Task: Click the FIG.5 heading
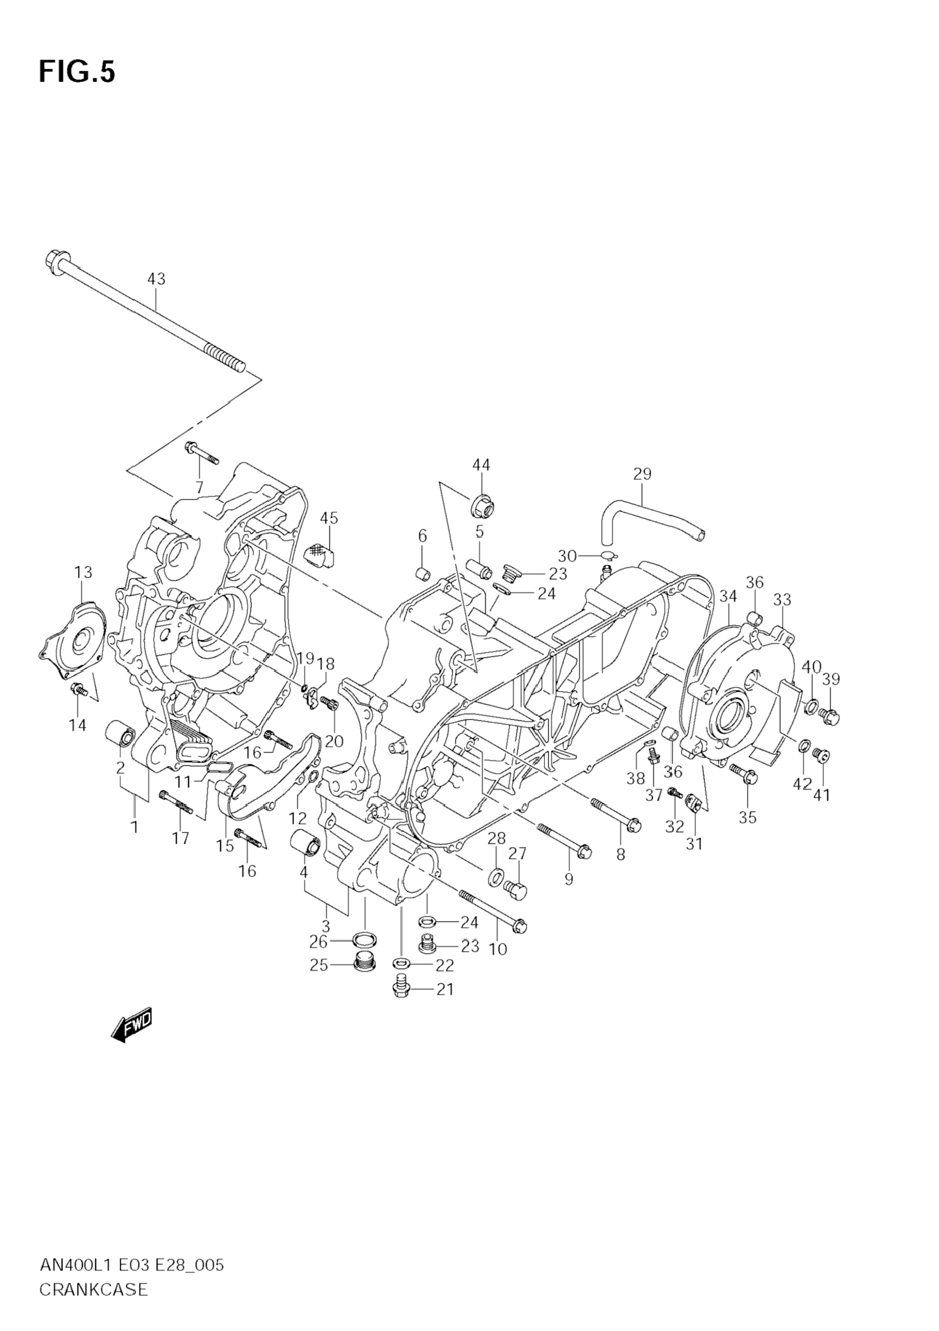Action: (77, 72)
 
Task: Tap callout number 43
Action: (156, 279)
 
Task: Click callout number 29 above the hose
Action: (642, 474)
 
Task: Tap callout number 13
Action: (83, 572)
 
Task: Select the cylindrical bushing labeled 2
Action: (119, 734)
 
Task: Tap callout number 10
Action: (498, 949)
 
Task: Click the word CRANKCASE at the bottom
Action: (94, 1301)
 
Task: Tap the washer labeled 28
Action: (496, 877)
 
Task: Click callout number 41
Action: (821, 795)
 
